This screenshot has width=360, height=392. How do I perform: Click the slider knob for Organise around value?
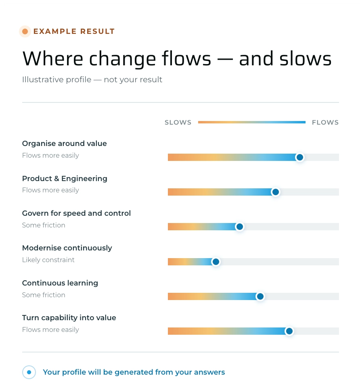point(299,157)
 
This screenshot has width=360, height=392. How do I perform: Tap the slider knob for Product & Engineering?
point(275,192)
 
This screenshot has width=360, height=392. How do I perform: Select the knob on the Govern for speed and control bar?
point(239,227)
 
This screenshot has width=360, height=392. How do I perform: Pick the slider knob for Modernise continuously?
point(216,262)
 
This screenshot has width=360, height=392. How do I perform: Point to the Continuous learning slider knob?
point(260,296)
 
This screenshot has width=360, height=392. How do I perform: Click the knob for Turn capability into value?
point(289,331)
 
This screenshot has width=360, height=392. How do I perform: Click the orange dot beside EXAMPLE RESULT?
point(25,31)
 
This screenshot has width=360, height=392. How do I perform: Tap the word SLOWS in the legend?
point(178,123)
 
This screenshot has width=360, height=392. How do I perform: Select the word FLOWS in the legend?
point(325,123)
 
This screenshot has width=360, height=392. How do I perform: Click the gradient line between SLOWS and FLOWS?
point(252,122)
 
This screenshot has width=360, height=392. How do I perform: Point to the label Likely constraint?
point(48,260)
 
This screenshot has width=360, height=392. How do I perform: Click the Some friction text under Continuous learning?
point(44,295)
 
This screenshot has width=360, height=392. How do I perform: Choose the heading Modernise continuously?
point(67,248)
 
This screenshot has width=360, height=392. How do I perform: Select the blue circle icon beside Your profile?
point(29,372)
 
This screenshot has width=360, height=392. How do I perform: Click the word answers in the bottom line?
point(209,372)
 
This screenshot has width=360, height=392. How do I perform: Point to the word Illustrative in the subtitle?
point(43,79)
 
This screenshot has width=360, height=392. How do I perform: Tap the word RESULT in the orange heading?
point(97,31)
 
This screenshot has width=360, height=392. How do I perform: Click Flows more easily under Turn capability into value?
point(50,330)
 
